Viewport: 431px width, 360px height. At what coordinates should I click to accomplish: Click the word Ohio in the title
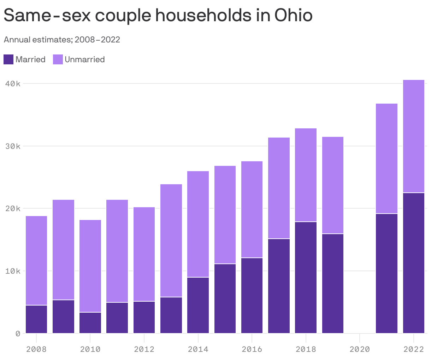click(x=293, y=16)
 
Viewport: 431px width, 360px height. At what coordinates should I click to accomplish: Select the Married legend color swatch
click(x=8, y=59)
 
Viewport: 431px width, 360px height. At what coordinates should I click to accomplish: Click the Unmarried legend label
click(x=84, y=59)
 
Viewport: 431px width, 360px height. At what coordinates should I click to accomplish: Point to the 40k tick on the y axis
click(x=13, y=84)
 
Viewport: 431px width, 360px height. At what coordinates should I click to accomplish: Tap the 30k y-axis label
click(x=13, y=146)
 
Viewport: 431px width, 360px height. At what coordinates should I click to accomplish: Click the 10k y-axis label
click(x=13, y=271)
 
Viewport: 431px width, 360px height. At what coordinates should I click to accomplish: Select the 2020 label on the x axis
click(x=359, y=349)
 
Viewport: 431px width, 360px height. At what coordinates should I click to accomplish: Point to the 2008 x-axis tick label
click(x=36, y=349)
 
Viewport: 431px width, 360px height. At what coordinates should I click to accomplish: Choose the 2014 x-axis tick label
click(x=198, y=349)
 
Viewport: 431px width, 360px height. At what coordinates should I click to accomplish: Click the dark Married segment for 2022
click(x=413, y=263)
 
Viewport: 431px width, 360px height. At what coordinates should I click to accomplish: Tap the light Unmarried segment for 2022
click(x=413, y=136)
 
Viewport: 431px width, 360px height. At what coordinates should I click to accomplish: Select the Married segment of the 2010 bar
click(x=90, y=323)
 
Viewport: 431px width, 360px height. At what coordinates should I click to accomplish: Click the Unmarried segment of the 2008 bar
click(x=36, y=260)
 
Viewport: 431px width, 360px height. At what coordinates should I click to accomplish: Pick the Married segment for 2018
click(x=306, y=278)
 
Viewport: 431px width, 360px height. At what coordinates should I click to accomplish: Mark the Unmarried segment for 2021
click(x=386, y=158)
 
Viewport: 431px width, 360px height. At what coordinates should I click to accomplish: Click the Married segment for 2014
click(x=198, y=305)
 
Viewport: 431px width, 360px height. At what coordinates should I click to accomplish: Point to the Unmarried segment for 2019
click(x=332, y=185)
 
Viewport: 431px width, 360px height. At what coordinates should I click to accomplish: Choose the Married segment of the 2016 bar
click(x=252, y=296)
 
